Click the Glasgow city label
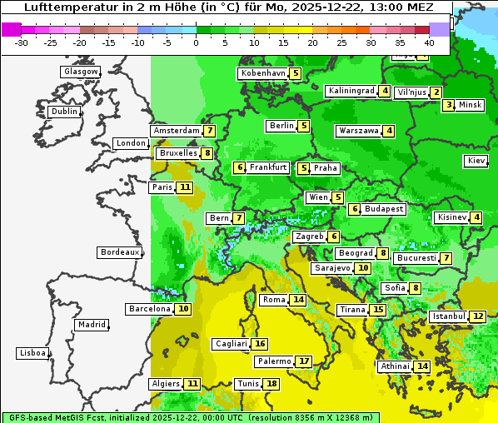[x=81, y=72]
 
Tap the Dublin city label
[x=64, y=112]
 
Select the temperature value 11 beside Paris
[x=184, y=187]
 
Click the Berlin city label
[x=281, y=126]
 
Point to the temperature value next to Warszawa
[x=389, y=131]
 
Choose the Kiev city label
[x=477, y=161]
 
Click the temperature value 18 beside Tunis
[x=272, y=384]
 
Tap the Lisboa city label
[x=32, y=353]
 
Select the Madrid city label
[x=92, y=325]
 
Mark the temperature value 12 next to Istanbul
[x=478, y=316]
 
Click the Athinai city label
[x=395, y=366]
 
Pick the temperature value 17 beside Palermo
[x=304, y=361]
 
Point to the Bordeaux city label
[x=120, y=252]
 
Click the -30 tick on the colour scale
[x=22, y=42]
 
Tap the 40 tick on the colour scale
[x=429, y=42]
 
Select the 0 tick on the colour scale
[x=197, y=42]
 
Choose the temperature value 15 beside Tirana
[x=378, y=310]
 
